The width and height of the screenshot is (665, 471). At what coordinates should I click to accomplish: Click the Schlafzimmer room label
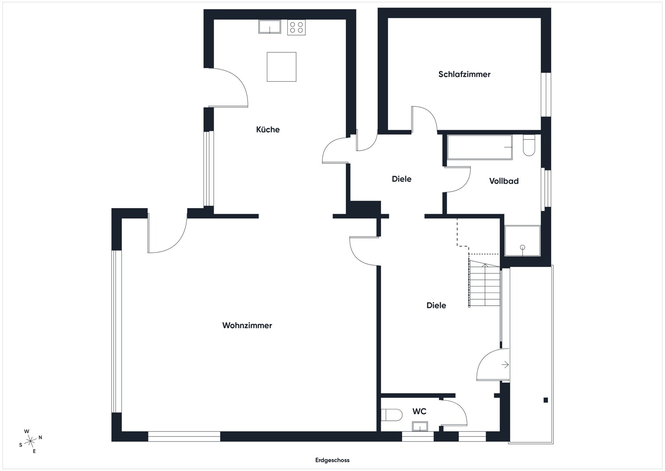pyautogui.click(x=464, y=74)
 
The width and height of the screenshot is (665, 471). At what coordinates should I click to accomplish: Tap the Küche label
pyautogui.click(x=268, y=130)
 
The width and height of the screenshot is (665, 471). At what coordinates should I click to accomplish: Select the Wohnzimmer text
pyautogui.click(x=247, y=325)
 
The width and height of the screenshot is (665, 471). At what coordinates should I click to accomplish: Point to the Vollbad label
pyautogui.click(x=504, y=181)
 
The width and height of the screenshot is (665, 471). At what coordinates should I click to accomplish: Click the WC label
pyautogui.click(x=419, y=412)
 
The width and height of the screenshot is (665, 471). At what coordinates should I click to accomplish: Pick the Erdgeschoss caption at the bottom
pyautogui.click(x=332, y=460)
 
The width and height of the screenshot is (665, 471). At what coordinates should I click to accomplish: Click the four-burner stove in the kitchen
pyautogui.click(x=296, y=28)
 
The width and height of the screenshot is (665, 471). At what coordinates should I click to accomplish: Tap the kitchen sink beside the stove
pyautogui.click(x=270, y=27)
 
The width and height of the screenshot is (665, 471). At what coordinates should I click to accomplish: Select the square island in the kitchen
pyautogui.click(x=282, y=67)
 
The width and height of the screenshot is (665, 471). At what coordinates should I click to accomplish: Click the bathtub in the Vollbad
pyautogui.click(x=480, y=147)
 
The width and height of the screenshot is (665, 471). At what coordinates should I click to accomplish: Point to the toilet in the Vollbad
pyautogui.click(x=529, y=145)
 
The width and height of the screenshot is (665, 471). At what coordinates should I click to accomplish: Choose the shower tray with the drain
pyautogui.click(x=523, y=241)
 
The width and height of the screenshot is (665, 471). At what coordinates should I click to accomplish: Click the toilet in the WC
pyautogui.click(x=391, y=415)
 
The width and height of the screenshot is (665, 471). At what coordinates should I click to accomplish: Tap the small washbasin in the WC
pyautogui.click(x=420, y=426)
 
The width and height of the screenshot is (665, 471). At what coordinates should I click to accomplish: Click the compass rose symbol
pyautogui.click(x=30, y=441)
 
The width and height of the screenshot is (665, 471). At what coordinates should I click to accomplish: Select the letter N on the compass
pyautogui.click(x=40, y=437)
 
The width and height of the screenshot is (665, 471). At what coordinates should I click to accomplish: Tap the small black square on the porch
pyautogui.click(x=546, y=400)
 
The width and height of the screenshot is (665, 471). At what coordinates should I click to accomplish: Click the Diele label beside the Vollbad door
pyautogui.click(x=401, y=179)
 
